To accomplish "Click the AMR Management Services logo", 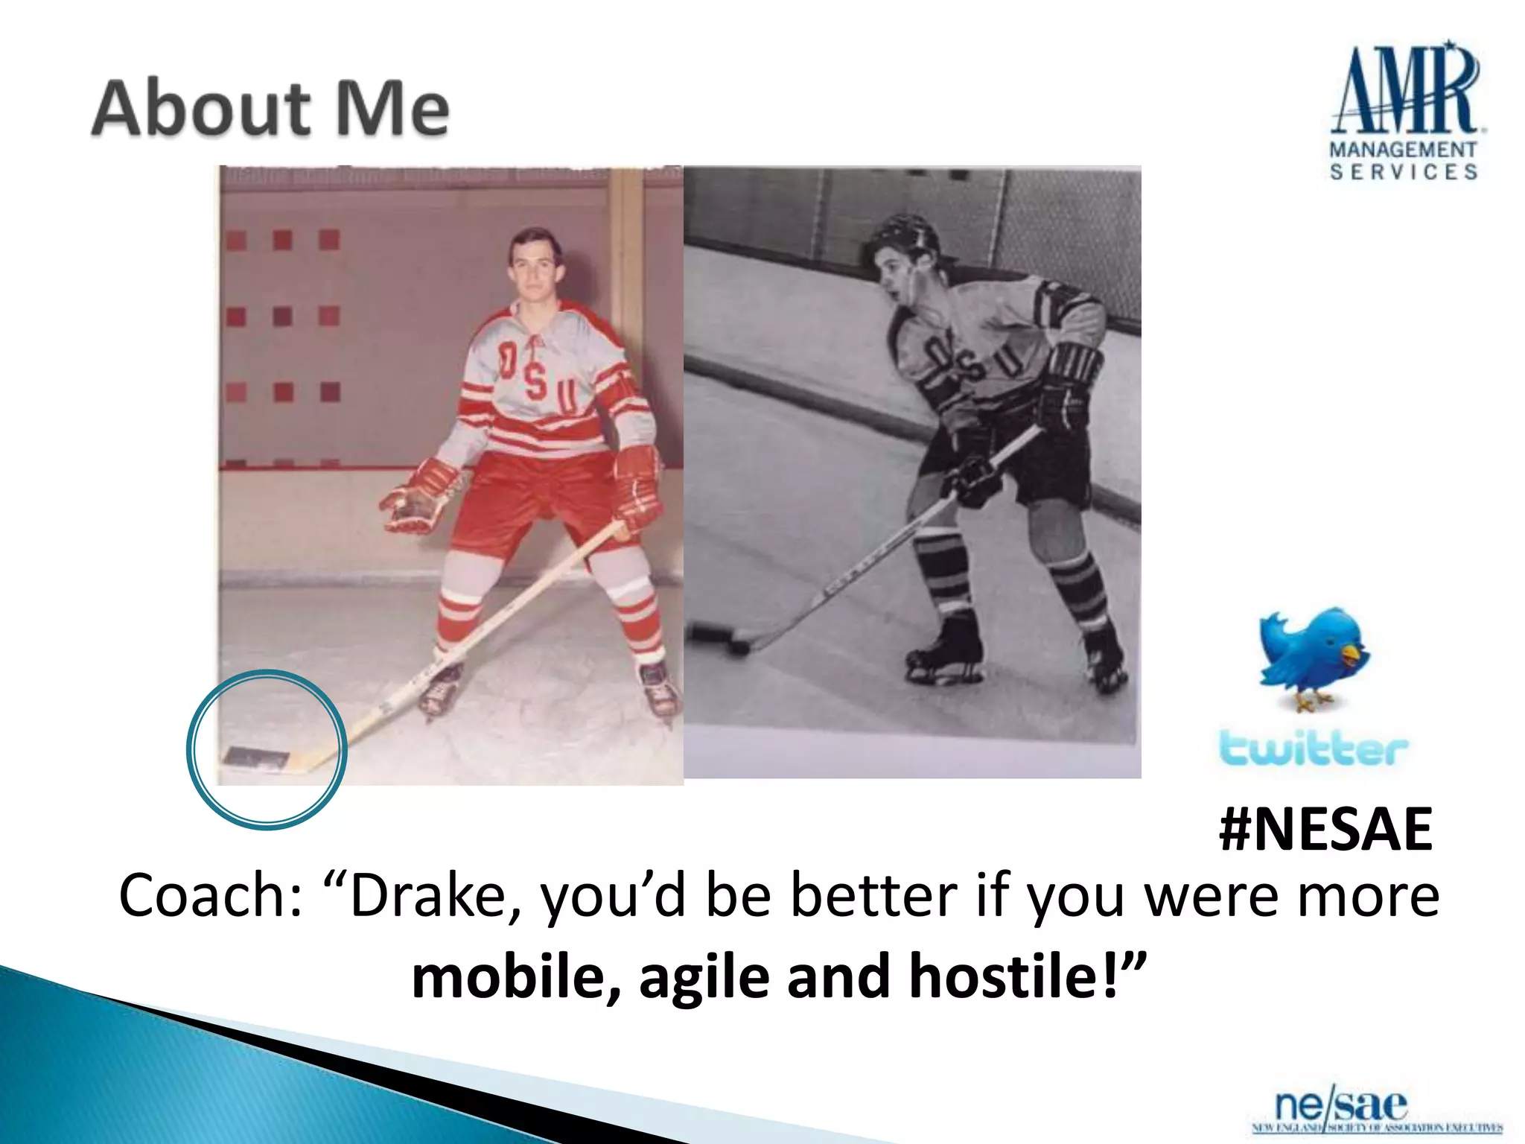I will coord(1404,112).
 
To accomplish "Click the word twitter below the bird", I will coord(1314,748).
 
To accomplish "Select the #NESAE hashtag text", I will coord(1325,830).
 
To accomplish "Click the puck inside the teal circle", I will coord(256,758).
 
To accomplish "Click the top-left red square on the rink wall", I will coord(236,241).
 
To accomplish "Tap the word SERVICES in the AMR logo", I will coord(1404,172).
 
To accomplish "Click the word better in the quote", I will coord(873,896).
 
